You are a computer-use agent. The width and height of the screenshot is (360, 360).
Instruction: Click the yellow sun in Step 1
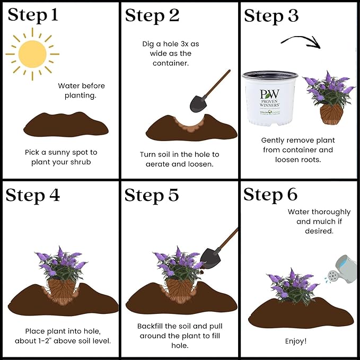coord(32,54)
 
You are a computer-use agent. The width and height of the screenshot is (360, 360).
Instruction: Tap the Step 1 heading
coord(33,15)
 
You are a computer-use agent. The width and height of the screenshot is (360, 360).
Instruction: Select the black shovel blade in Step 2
coord(198,104)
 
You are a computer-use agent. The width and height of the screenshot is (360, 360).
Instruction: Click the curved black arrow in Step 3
coord(301,41)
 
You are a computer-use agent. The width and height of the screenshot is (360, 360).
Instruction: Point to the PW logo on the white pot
coord(269,94)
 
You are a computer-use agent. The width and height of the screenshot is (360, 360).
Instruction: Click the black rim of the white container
coord(270,75)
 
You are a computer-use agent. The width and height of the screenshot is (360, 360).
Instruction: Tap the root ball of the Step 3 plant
coord(331,114)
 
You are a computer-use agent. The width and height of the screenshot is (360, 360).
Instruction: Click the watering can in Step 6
coord(342,269)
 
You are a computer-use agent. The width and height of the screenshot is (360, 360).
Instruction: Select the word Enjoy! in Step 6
coord(296,341)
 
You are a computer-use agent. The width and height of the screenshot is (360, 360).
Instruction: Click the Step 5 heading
coord(152,195)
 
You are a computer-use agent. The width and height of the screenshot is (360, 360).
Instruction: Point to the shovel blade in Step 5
coord(210,258)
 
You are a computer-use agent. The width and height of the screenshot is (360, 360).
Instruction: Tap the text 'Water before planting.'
coord(81,91)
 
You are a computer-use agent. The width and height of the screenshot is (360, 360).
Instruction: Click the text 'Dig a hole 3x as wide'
coord(171,49)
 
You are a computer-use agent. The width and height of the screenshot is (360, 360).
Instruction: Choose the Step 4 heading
coord(33,195)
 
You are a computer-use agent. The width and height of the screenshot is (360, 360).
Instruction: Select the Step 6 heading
coord(270,195)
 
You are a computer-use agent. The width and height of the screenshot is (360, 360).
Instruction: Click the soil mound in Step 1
coord(66,125)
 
